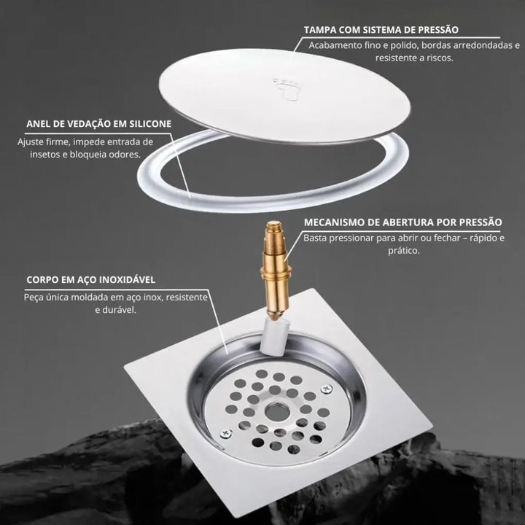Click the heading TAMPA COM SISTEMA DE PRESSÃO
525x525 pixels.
pyautogui.click(x=381, y=30)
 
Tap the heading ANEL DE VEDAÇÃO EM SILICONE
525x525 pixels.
pyautogui.click(x=98, y=124)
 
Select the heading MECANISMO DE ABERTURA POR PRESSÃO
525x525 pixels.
pyautogui.click(x=403, y=222)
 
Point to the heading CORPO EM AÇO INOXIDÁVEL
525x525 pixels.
pyautogui.click(x=90, y=279)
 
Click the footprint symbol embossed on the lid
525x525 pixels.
pyautogui.click(x=285, y=90)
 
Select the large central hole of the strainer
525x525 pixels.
pyautogui.click(x=278, y=412)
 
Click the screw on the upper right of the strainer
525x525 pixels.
pyautogui.click(x=327, y=389)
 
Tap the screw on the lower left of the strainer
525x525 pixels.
pyautogui.click(x=226, y=434)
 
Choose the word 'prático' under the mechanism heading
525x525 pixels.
pyautogui.click(x=404, y=250)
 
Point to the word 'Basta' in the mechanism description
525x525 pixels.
pyautogui.click(x=316, y=238)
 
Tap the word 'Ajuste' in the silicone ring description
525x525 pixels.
pyautogui.click(x=31, y=142)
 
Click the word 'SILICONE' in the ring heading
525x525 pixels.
pyautogui.click(x=150, y=124)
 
